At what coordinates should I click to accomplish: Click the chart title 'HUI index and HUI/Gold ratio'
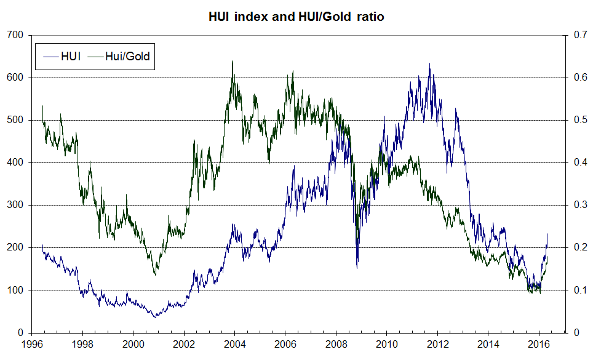pos(296,17)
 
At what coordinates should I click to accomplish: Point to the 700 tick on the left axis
pos(15,35)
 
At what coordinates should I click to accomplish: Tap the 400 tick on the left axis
pos(15,162)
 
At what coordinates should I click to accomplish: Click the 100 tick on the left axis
pos(15,290)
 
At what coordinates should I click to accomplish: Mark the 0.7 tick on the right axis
pos(578,35)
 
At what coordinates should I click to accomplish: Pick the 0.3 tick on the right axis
pos(578,205)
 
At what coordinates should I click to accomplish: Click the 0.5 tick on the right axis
pos(578,120)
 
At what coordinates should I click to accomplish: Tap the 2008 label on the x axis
pos(335,345)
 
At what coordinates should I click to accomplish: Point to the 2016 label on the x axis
pos(538,345)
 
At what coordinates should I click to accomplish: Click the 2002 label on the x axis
pos(184,345)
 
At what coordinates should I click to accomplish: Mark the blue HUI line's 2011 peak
pos(429,63)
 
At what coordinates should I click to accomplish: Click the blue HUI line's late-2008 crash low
pos(357,268)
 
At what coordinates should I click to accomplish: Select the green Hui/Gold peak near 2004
pos(232,61)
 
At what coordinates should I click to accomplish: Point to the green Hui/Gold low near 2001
pos(155,274)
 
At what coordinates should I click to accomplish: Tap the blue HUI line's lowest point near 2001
pos(154,317)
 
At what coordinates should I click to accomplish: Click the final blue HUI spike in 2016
pos(547,234)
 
